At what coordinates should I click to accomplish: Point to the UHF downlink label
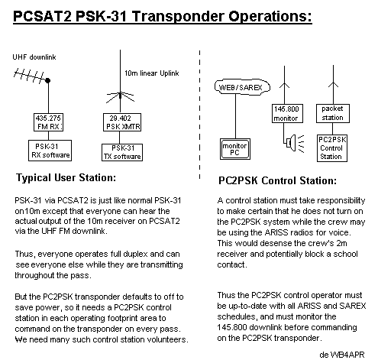coord(34,57)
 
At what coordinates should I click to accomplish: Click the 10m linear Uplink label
coord(152,73)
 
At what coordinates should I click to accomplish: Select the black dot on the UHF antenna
coord(47,80)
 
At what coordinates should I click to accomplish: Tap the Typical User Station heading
coord(66,177)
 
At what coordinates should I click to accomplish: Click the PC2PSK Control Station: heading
coord(278,180)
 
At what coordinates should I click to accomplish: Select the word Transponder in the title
coord(178,16)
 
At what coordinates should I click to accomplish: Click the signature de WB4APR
coord(342,355)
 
